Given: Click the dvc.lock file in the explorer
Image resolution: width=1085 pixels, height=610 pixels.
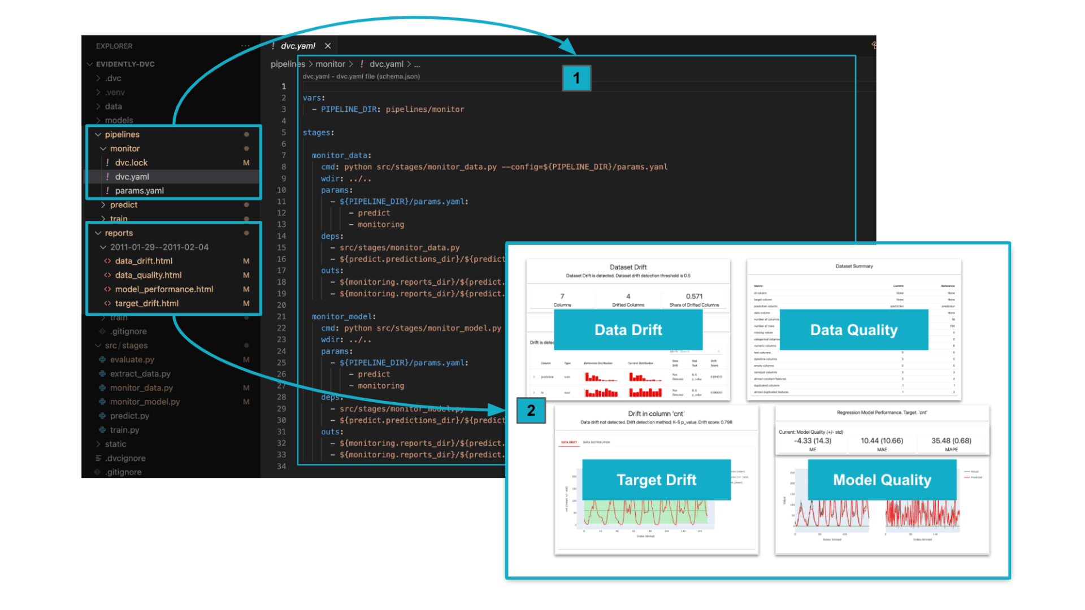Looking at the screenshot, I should tap(131, 163).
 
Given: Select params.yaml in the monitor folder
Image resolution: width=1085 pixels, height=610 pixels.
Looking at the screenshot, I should tap(139, 191).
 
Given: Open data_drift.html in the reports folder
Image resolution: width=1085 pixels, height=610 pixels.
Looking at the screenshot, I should tap(144, 261).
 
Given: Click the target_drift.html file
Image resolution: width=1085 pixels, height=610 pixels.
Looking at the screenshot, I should tap(146, 303).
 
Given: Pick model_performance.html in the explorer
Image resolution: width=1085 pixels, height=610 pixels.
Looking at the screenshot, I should tap(164, 289).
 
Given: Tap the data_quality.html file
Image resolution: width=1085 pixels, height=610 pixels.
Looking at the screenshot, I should tap(148, 275).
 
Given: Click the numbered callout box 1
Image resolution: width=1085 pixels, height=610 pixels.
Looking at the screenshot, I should tap(576, 78).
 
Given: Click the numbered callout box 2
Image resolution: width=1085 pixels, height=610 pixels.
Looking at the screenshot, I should tap(531, 411).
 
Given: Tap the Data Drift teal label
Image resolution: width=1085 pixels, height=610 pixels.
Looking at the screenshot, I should tap(628, 330).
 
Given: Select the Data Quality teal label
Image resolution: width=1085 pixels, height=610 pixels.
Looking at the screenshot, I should tap(853, 330).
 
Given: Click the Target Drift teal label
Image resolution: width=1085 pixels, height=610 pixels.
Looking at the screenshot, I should tap(656, 480).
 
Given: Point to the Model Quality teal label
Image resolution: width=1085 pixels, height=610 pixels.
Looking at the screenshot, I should tap(882, 480).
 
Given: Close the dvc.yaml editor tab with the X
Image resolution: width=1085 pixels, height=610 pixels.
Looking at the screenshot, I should tap(328, 46).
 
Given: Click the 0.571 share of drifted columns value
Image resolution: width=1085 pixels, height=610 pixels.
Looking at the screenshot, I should tap(694, 297).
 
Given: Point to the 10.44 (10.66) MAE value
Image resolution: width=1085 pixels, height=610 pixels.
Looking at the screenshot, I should tap(882, 441).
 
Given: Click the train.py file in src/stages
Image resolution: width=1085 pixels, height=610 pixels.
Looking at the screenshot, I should tap(124, 430).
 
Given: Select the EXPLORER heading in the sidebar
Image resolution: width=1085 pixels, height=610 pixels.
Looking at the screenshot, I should tap(114, 46).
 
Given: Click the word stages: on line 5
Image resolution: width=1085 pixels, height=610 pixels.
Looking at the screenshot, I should tap(318, 133).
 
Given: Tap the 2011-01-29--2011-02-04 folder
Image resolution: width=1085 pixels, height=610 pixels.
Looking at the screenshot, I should tap(159, 247).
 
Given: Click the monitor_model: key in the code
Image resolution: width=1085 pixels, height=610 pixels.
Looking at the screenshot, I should tap(344, 317).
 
